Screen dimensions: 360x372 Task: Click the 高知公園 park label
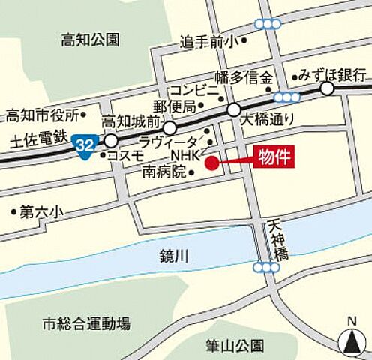coord(90,40)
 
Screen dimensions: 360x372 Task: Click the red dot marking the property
coord(212,163)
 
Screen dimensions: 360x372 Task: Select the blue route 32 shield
coord(84,144)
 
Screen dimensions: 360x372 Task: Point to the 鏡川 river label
coord(174,256)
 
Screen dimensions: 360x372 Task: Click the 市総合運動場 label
coord(86,324)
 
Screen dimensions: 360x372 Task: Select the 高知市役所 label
coord(43,115)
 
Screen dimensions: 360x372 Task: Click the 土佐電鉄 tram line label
coord(35,139)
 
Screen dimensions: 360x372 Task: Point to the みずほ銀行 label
coord(332,74)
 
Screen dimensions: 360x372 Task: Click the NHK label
coord(184,155)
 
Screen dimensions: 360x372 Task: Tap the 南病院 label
coord(163,172)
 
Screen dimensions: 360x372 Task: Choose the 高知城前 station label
coord(131,121)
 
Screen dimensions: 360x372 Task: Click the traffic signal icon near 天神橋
coord(267,266)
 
